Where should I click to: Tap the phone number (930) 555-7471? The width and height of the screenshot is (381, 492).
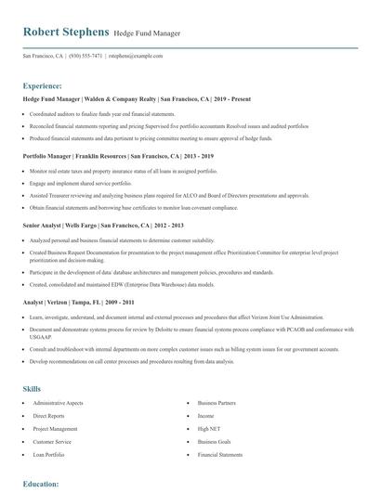(85, 56)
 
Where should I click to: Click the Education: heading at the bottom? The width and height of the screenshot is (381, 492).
(42, 484)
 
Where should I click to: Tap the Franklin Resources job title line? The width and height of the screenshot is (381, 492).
(118, 156)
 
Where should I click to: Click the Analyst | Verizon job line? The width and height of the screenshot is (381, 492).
(85, 303)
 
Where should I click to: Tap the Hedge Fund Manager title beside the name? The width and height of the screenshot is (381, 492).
(147, 33)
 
